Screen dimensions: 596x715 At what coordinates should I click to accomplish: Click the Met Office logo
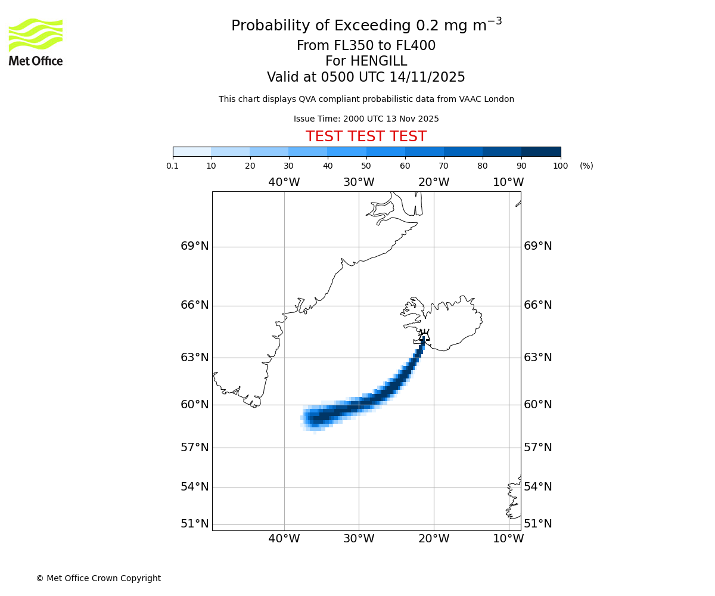coord(36,42)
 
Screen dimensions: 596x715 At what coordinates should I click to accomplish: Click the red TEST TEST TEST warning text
coord(366,137)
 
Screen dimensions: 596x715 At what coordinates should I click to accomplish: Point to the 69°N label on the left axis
coord(195,246)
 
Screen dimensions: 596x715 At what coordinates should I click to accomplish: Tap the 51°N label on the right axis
coord(537,524)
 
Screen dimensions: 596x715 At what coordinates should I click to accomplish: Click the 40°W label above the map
coord(284,182)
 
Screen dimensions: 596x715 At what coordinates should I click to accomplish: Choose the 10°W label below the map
coord(508,539)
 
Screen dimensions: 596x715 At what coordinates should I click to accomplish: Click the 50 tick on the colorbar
coord(366,166)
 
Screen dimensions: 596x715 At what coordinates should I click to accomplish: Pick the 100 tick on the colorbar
coord(560,166)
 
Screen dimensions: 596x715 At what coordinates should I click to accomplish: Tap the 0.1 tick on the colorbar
coord(173,166)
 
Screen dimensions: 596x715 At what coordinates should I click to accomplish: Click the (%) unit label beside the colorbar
coord(586,166)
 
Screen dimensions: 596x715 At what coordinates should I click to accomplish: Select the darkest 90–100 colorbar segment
coord(541,151)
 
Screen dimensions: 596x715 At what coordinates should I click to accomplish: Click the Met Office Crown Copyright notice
coord(98,578)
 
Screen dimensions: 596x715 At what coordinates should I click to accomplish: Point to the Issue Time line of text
coord(366,119)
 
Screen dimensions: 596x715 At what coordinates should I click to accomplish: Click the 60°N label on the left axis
coord(195,405)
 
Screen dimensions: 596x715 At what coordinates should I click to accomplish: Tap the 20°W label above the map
coord(433,182)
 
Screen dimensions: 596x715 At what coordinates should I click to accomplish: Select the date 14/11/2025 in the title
coord(427,77)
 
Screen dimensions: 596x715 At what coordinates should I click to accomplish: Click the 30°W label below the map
coord(359,539)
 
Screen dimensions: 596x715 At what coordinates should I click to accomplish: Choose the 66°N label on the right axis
coord(537,305)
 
